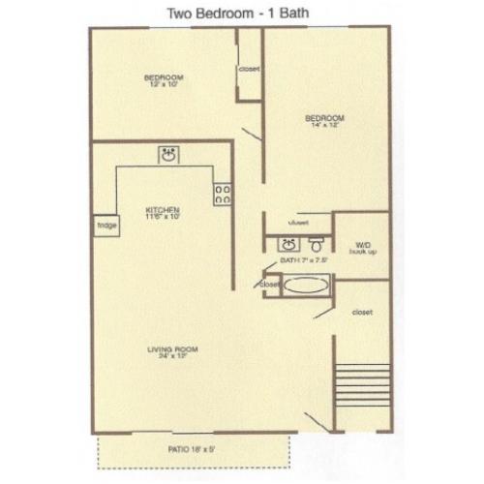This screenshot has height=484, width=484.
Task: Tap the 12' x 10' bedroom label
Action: (165, 81)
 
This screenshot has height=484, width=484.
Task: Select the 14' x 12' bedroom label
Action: (328, 122)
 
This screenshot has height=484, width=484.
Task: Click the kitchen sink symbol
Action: (167, 155)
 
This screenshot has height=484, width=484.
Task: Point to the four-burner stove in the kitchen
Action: (222, 194)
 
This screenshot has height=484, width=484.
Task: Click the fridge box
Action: (104, 227)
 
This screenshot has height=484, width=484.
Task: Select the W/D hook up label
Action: (363, 248)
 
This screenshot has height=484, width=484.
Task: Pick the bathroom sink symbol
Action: (287, 244)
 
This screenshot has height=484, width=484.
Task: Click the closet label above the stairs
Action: (363, 312)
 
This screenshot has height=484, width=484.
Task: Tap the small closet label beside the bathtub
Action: (269, 285)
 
